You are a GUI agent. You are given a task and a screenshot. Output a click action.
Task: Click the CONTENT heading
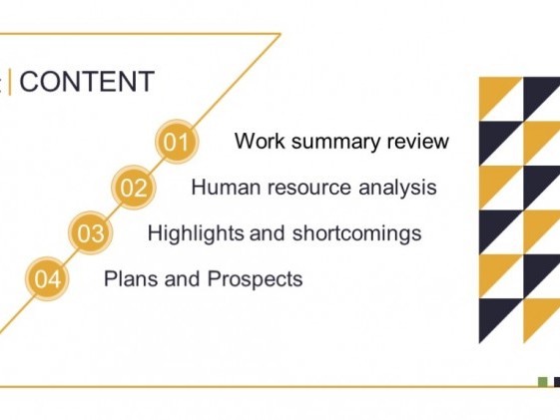(x=87, y=82)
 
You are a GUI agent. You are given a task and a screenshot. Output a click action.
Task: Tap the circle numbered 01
(x=177, y=142)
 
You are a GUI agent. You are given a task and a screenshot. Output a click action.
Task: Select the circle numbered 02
(x=133, y=188)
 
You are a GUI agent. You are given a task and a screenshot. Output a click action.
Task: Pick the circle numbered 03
(x=91, y=233)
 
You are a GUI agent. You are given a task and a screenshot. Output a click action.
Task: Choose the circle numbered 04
(x=47, y=278)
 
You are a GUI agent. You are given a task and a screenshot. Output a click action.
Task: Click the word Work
(x=260, y=141)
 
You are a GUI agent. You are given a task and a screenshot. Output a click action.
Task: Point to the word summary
(x=336, y=143)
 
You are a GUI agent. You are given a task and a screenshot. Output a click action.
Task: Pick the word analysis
(x=397, y=188)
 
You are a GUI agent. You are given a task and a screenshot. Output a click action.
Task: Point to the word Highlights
(x=196, y=234)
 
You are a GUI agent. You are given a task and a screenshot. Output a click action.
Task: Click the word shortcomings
(x=356, y=234)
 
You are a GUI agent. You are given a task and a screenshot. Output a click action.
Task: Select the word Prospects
(x=255, y=279)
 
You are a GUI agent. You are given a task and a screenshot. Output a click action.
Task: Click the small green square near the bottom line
(x=542, y=382)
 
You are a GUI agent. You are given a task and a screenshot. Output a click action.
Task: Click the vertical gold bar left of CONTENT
(x=10, y=83)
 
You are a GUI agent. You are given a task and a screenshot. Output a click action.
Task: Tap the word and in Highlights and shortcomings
(x=268, y=233)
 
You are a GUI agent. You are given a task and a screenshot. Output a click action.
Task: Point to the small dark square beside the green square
(x=557, y=382)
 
